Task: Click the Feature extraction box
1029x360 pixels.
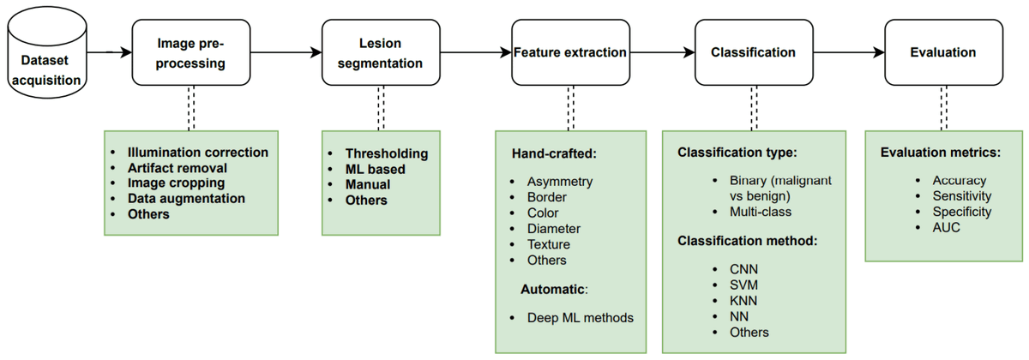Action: tap(569, 52)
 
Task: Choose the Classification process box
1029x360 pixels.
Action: tap(753, 52)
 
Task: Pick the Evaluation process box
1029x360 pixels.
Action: tap(942, 52)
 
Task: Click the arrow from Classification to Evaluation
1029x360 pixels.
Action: tap(849, 52)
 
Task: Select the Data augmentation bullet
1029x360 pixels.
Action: tap(186, 199)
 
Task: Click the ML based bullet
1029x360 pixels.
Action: tap(375, 169)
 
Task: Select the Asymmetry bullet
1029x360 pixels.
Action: tap(560, 182)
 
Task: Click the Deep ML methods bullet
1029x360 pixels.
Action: tap(581, 317)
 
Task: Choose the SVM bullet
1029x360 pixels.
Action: tap(744, 285)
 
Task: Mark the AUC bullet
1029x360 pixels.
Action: tap(948, 228)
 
